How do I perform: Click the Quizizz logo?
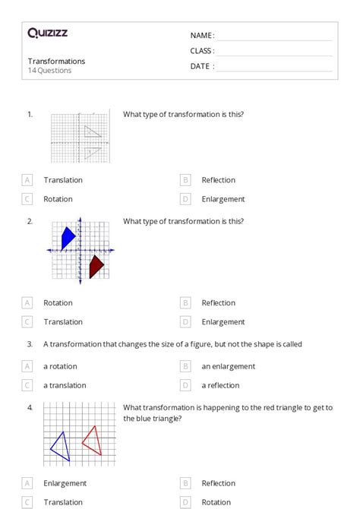(x=47, y=33)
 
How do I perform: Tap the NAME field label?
(x=202, y=36)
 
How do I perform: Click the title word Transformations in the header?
(x=56, y=61)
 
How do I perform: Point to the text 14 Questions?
(x=49, y=71)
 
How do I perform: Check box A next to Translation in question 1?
(x=27, y=180)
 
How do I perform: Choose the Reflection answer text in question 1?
(x=218, y=180)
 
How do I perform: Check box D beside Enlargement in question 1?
(x=185, y=199)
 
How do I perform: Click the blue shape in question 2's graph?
(x=68, y=237)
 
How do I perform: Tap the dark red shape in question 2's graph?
(x=96, y=266)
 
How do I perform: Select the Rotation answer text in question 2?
(x=58, y=302)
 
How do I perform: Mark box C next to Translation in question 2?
(x=27, y=321)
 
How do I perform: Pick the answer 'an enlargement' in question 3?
(x=228, y=366)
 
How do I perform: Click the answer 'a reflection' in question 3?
(x=220, y=385)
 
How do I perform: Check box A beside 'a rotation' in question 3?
(x=27, y=366)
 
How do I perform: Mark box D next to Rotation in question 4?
(x=185, y=502)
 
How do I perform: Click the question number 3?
(x=30, y=344)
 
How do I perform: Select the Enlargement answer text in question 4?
(x=65, y=483)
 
